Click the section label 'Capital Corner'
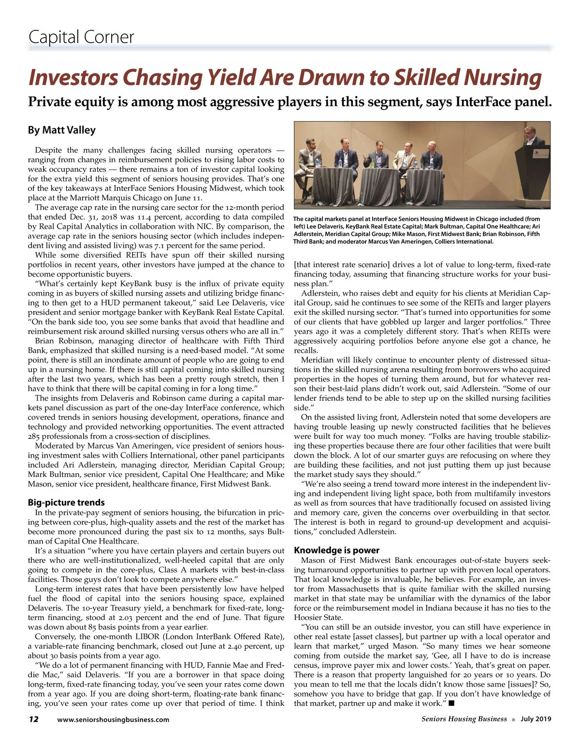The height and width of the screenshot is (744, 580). (x=81, y=37)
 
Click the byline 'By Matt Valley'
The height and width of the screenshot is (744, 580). (x=61, y=130)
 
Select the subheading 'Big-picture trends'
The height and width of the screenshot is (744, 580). (x=66, y=503)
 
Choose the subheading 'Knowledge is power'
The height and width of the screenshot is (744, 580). (x=336, y=550)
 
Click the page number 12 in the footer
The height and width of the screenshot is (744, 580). (x=33, y=719)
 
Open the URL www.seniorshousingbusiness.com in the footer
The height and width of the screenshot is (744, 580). (x=113, y=720)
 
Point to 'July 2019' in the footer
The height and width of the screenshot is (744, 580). (x=536, y=719)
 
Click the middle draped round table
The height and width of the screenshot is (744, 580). (x=380, y=186)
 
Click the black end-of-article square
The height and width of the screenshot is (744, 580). (x=450, y=703)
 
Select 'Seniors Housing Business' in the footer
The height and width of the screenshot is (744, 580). (x=464, y=719)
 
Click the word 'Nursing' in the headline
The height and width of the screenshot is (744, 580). (x=503, y=78)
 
